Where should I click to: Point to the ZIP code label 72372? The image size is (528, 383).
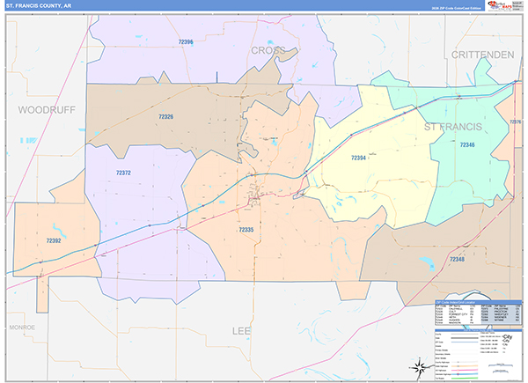click(123, 173)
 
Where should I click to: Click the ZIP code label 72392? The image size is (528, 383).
click(55, 239)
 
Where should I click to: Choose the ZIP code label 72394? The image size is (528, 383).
click(357, 158)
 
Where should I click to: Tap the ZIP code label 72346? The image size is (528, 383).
click(466, 144)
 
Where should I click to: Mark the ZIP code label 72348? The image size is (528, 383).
click(457, 260)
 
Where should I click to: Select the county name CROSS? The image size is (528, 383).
click(268, 51)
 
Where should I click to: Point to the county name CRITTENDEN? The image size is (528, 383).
click(482, 55)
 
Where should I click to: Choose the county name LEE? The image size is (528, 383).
click(241, 331)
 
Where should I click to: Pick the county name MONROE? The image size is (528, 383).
click(22, 327)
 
